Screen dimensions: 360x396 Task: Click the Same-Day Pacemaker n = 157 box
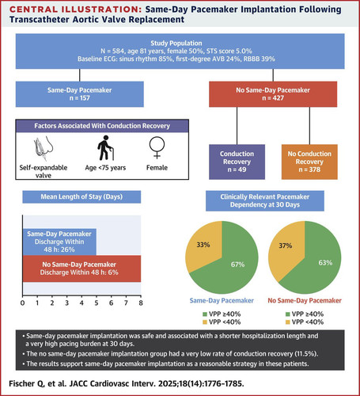[80, 94]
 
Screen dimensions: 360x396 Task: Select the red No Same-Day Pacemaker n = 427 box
[273, 94]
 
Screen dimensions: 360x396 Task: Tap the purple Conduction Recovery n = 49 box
[237, 162]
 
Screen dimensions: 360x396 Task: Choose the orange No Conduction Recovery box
[309, 162]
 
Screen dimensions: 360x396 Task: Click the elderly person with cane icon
[105, 148]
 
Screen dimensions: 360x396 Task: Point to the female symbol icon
[157, 147]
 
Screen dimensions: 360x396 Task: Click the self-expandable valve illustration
[44, 148]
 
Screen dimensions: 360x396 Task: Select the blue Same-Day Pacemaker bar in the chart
[59, 242]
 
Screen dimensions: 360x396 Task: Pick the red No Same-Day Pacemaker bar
[81, 268]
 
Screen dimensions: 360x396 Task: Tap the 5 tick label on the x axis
[97, 303]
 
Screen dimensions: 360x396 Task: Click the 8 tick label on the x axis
[141, 303]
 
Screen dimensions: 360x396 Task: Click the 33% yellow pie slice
[203, 246]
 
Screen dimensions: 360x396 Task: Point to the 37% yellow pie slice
[286, 248]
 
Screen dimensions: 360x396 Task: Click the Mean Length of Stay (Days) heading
[81, 197]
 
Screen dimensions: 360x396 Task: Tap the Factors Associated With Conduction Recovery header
[102, 126]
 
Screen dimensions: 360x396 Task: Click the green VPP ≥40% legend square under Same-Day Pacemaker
[205, 314]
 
